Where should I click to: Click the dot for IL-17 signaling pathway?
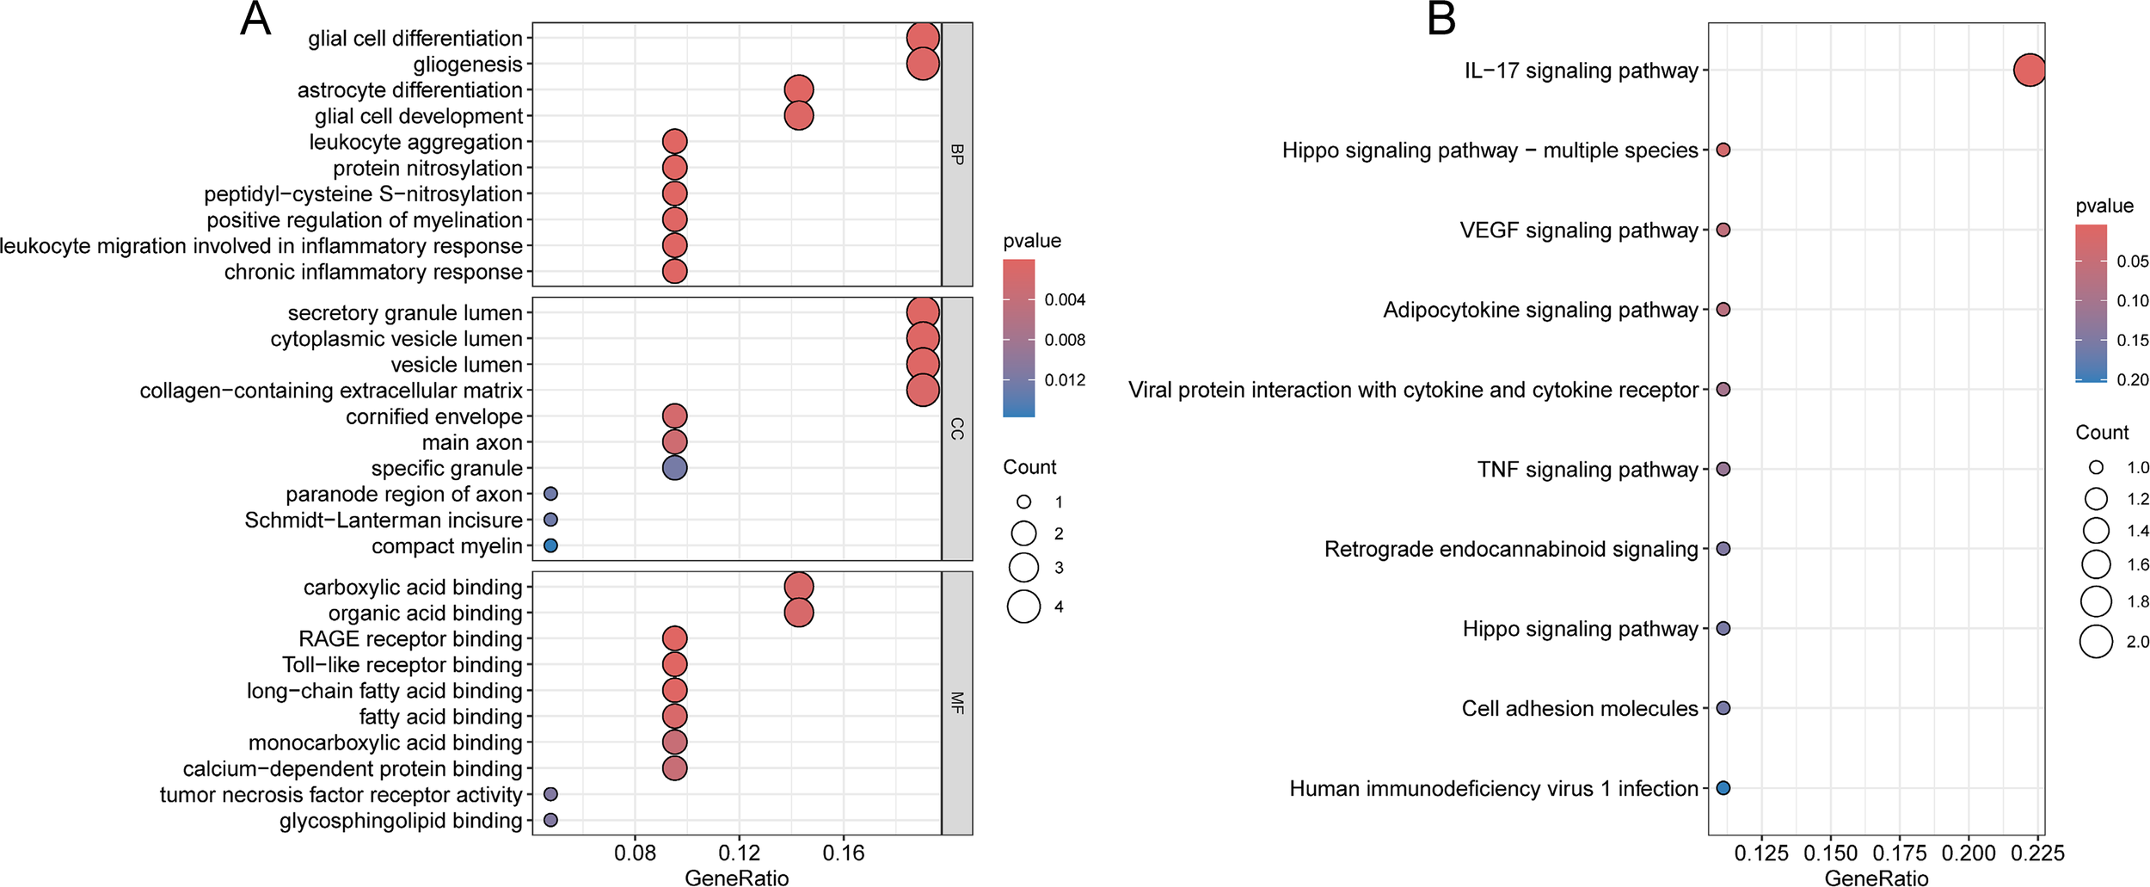2029,70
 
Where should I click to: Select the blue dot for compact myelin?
550,545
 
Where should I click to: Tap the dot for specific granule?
675,468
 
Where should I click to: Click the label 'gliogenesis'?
468,65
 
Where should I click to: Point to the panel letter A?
255,19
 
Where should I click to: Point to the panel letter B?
1441,19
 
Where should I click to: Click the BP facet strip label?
957,155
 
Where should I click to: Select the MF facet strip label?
957,703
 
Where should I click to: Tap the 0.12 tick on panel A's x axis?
739,853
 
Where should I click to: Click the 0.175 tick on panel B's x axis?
1900,853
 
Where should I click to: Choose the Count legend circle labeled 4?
1023,607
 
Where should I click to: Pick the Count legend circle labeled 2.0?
2096,642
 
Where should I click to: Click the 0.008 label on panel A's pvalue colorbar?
1065,340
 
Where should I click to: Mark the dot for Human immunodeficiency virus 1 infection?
1723,788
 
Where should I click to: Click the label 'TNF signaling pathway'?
1588,470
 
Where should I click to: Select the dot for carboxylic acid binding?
799,587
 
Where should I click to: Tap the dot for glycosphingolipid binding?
550,821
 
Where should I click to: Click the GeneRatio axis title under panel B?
1876,878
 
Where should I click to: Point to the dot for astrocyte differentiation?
799,89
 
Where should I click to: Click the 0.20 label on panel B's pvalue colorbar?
2132,380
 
